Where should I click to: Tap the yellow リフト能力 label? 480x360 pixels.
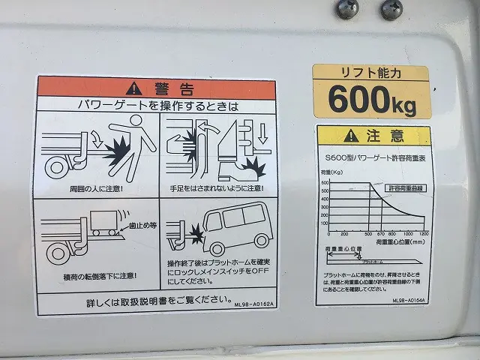coord(370,73)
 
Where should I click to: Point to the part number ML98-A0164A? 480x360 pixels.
coord(410,299)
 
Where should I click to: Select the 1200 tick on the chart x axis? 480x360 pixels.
coord(424,235)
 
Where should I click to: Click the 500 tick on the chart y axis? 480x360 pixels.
coord(325,190)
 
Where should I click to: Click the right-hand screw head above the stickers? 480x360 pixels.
coord(391,9)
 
